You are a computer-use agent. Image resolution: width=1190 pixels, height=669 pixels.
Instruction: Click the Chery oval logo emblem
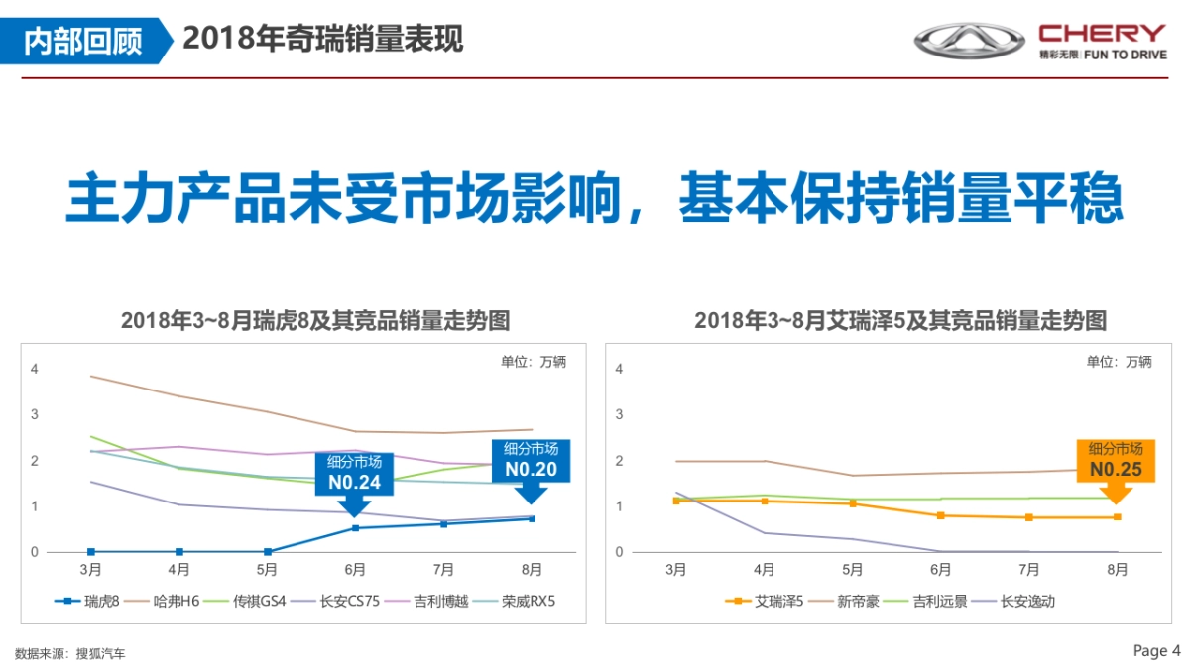[969, 41]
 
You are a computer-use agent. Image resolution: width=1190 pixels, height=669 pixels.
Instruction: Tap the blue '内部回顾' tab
[83, 40]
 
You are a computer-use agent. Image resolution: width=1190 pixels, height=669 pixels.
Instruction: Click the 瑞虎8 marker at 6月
[355, 527]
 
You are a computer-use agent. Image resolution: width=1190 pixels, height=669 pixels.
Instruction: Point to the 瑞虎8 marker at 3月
[91, 551]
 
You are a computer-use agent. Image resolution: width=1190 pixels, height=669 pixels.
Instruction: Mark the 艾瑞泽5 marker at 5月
[852, 503]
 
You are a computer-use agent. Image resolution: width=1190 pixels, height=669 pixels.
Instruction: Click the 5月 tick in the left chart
[267, 570]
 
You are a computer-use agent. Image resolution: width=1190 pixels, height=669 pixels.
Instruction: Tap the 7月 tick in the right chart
[1028, 570]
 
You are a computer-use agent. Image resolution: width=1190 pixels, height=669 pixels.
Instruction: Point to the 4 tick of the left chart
[35, 369]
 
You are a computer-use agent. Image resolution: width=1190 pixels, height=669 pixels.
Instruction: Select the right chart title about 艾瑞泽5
[899, 321]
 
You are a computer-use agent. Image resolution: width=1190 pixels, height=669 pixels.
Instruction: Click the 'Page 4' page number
[1156, 651]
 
